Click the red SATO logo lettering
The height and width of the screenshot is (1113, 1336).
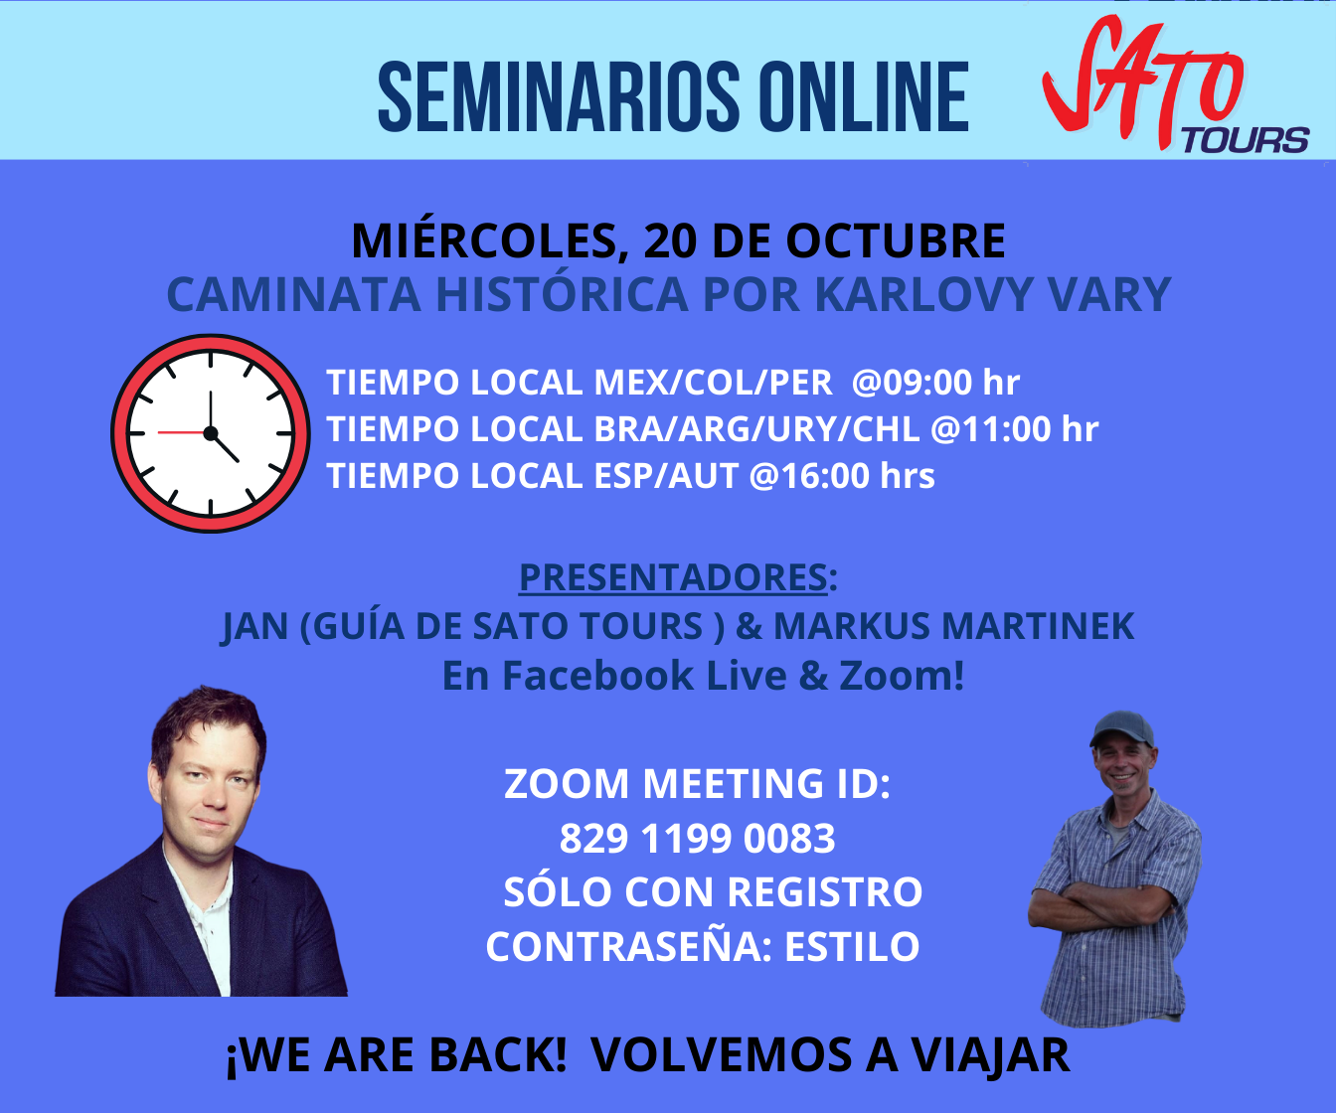1143,79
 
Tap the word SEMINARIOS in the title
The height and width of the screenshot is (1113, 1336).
559,97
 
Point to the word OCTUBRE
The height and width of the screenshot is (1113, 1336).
896,241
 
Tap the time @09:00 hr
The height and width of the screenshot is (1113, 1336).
935,383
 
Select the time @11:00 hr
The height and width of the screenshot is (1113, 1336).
1014,428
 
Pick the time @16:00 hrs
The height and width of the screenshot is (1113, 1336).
841,476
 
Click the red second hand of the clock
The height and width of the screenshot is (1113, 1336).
182,433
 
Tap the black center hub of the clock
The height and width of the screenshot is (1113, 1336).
211,433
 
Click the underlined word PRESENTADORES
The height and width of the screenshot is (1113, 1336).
673,577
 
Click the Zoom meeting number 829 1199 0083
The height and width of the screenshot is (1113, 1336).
698,839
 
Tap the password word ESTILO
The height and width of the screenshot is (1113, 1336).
852,946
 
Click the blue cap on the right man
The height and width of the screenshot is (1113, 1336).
1121,729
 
